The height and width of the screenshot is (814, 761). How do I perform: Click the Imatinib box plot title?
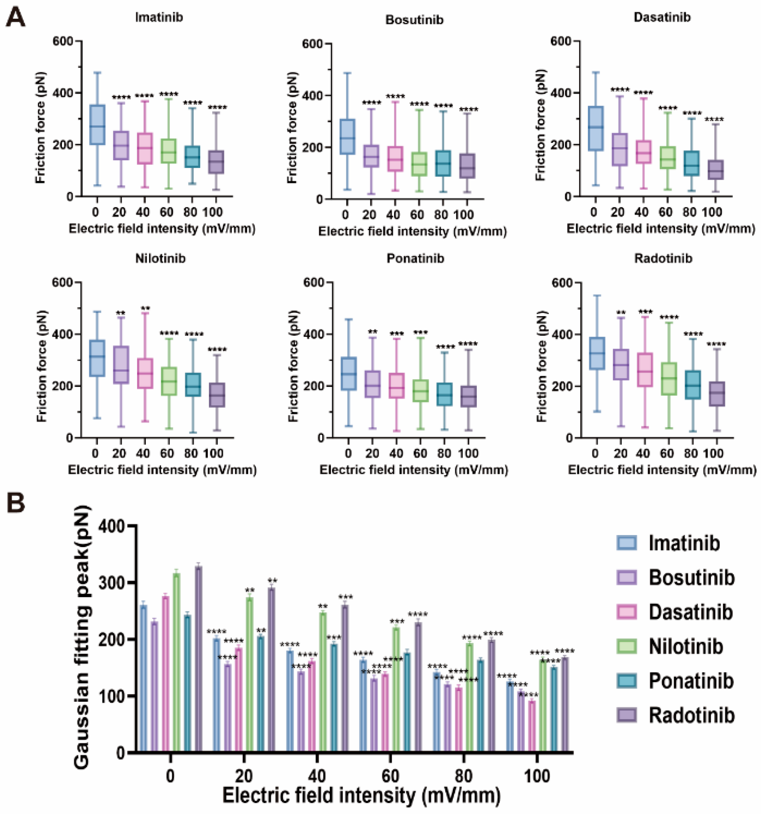click(159, 17)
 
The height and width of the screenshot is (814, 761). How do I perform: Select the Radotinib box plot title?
click(663, 259)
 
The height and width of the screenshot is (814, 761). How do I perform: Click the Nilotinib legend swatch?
click(626, 647)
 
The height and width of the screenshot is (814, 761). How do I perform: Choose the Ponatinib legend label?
click(691, 681)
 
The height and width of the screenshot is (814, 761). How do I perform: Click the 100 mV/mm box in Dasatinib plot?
click(715, 169)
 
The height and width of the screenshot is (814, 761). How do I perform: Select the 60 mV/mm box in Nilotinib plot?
click(168, 381)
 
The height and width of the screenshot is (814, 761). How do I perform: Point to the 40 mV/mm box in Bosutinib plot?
click(395, 159)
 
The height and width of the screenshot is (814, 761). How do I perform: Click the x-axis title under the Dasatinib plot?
click(661, 229)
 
